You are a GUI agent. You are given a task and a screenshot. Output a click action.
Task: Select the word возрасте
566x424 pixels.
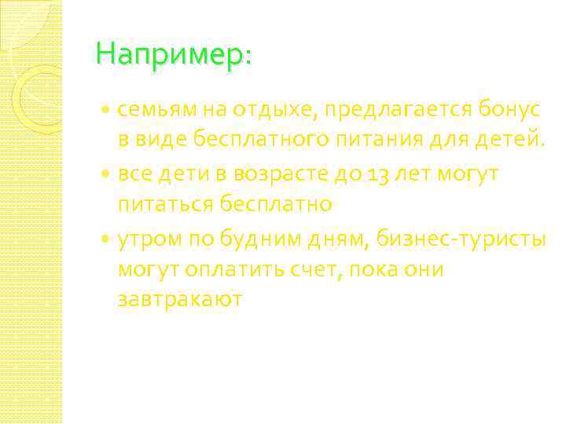pos(291,174)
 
